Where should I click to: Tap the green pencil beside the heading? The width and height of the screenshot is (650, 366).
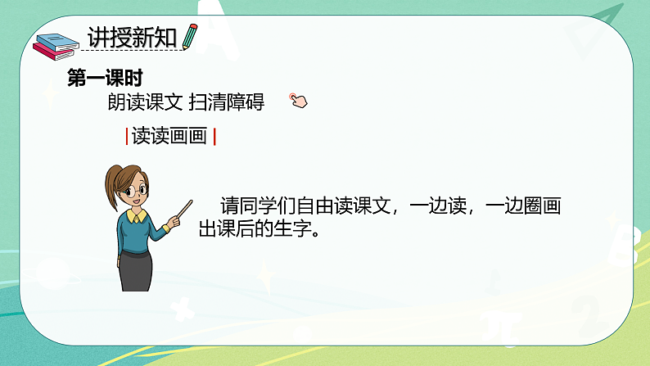pyautogui.click(x=190, y=37)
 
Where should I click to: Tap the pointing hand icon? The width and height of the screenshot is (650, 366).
pyautogui.click(x=298, y=101)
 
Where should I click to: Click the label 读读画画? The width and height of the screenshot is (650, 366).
pyautogui.click(x=169, y=137)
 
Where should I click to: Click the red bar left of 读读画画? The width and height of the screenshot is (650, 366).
pyautogui.click(x=126, y=137)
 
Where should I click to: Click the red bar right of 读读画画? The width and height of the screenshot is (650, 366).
pyautogui.click(x=214, y=137)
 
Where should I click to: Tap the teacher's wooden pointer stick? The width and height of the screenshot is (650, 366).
pyautogui.click(x=179, y=210)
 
